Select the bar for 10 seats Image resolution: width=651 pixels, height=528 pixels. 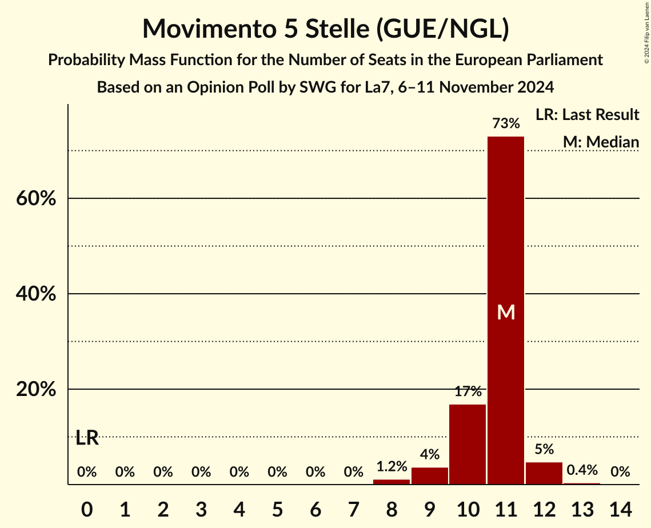pyautogui.click(x=468, y=445)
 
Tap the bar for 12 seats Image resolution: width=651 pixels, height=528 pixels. pyautogui.click(x=544, y=473)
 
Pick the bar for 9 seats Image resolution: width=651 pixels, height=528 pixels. pyautogui.click(x=430, y=476)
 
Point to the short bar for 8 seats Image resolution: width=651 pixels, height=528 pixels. pyautogui.click(x=392, y=482)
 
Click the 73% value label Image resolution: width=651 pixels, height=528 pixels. pyautogui.click(x=506, y=123)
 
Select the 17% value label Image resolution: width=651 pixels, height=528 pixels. pyautogui.click(x=468, y=392)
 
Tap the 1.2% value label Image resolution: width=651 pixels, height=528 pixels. pyautogui.click(x=392, y=467)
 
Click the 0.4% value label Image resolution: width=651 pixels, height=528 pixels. pyautogui.click(x=582, y=470)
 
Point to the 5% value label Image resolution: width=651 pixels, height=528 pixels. pyautogui.click(x=544, y=450)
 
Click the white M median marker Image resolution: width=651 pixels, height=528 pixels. pyautogui.click(x=506, y=312)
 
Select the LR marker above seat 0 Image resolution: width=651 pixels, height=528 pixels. pyautogui.click(x=87, y=439)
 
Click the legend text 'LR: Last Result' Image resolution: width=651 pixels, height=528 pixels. pyautogui.click(x=587, y=115)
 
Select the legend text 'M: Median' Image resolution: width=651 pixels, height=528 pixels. pyautogui.click(x=601, y=142)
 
